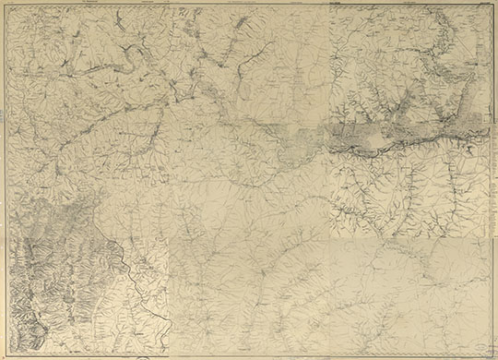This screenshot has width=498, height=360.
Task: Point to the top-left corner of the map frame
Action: pos(7,7)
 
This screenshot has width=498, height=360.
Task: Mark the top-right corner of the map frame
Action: pos(491,7)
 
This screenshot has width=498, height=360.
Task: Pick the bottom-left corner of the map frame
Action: pos(7,353)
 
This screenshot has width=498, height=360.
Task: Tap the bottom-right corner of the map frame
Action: pos(491,353)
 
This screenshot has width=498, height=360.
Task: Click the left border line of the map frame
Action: pos(7,185)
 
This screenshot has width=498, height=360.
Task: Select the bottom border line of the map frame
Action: pos(249,353)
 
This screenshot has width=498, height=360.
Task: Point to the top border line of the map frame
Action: pos(249,7)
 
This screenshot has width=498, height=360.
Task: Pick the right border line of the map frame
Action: pos(491,185)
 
